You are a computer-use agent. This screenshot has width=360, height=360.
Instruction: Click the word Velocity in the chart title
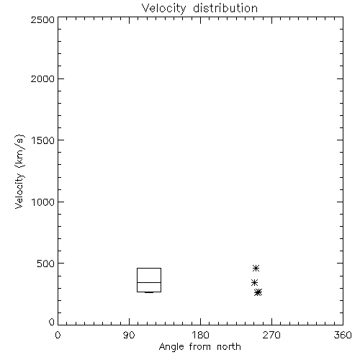tap(164, 9)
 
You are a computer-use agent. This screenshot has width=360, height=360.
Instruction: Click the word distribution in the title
tap(225, 8)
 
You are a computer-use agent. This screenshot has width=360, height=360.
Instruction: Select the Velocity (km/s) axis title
tap(19, 171)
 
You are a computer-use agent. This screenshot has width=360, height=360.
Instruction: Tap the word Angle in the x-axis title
tap(171, 347)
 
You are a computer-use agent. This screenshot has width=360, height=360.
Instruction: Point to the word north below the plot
tap(229, 346)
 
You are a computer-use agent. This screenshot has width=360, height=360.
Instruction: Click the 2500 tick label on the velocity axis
tap(42, 19)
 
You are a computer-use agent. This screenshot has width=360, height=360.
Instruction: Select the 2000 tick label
tap(42, 78)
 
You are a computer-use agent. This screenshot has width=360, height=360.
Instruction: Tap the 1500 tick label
tap(42, 140)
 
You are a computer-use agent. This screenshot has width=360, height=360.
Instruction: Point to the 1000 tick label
tap(42, 202)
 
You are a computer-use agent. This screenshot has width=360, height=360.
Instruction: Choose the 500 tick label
tap(45, 264)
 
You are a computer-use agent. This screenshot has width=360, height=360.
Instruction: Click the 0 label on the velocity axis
tap(52, 322)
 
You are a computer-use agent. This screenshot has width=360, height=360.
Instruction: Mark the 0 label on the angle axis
tap(58, 335)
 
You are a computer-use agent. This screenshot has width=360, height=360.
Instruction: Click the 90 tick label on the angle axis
tap(129, 335)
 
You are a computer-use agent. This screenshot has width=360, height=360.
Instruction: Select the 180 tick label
tap(200, 335)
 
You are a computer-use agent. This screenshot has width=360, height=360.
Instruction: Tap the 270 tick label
tap(271, 335)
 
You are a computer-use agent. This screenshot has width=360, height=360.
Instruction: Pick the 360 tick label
tap(343, 335)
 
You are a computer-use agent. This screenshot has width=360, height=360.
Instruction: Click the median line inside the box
tap(149, 282)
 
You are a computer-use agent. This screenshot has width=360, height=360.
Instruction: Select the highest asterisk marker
tap(256, 268)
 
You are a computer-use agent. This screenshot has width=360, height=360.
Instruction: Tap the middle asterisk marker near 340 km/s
tap(254, 283)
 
